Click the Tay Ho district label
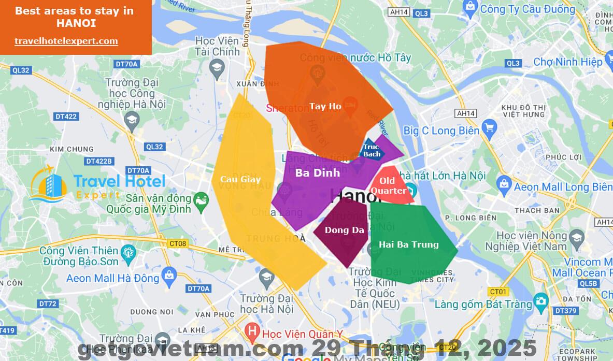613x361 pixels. click(325, 106)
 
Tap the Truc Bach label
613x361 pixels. click(372, 150)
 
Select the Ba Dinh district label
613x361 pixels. click(318, 172)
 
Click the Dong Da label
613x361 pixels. click(345, 230)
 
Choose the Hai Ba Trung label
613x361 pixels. click(409, 244)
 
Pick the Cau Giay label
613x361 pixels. click(240, 179)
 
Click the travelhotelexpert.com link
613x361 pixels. click(66, 41)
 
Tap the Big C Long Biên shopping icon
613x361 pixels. click(488, 127)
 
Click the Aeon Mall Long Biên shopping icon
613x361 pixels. click(504, 183)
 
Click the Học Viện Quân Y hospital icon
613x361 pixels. click(252, 329)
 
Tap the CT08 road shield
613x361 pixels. click(178, 243)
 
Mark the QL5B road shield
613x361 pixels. click(589, 283)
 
